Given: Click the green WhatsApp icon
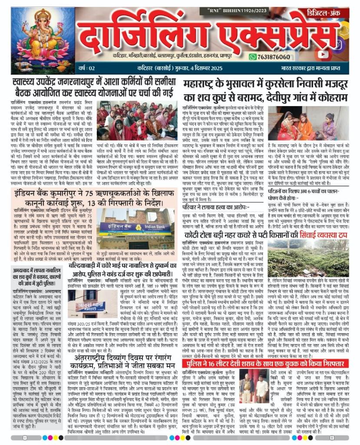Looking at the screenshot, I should click(x=265, y=57).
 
